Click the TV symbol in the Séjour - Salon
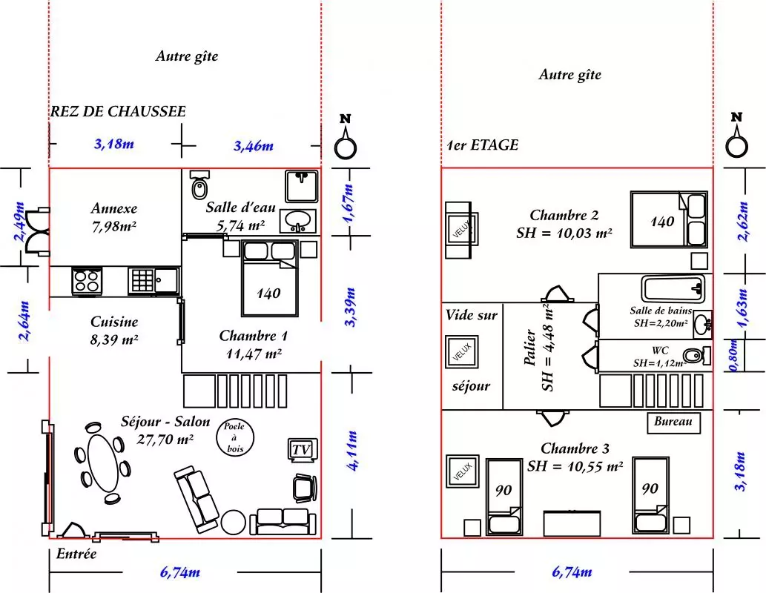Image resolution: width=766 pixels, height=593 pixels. click(302, 450)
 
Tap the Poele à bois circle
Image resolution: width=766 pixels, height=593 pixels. click(234, 437)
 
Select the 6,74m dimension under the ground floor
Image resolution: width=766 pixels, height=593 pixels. click(179, 572)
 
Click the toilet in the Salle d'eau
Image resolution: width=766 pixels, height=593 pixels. click(199, 185)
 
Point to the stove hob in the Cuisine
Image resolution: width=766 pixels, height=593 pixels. click(87, 281)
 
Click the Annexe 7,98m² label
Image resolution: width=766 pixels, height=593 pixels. click(114, 217)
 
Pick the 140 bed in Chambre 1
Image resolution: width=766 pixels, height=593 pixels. click(269, 279)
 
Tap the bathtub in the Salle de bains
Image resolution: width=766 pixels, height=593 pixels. click(673, 288)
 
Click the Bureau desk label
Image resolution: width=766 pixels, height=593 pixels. click(673, 422)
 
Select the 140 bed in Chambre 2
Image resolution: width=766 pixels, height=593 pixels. click(669, 219)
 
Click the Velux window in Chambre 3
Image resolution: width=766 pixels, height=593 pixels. click(462, 471)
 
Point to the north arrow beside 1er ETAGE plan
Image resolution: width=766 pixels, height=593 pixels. click(736, 138)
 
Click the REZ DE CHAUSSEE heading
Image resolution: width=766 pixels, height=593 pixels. click(118, 111)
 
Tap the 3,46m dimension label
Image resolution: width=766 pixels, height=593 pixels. click(253, 145)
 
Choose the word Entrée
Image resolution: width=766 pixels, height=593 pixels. click(76, 554)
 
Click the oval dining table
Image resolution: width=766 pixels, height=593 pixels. click(103, 463)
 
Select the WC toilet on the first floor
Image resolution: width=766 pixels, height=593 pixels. click(696, 354)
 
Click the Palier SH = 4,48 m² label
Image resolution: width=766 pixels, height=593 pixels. click(539, 348)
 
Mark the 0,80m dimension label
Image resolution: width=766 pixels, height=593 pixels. click(734, 355)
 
